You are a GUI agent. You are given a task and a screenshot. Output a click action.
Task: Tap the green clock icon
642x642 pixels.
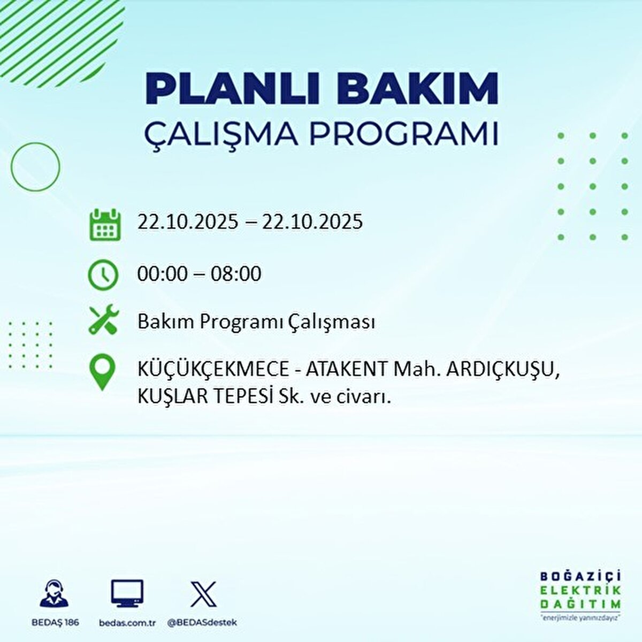103,275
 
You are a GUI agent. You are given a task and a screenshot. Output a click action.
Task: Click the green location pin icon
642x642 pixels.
102,372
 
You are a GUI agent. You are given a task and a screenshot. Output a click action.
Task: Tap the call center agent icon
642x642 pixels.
55,594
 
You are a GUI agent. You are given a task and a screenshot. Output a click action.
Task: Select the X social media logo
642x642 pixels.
203,594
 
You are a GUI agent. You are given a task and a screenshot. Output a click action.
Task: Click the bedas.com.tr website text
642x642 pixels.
127,623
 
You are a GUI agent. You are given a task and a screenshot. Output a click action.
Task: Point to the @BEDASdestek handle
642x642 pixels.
202,623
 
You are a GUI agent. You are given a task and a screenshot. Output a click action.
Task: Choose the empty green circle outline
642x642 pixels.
35,166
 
